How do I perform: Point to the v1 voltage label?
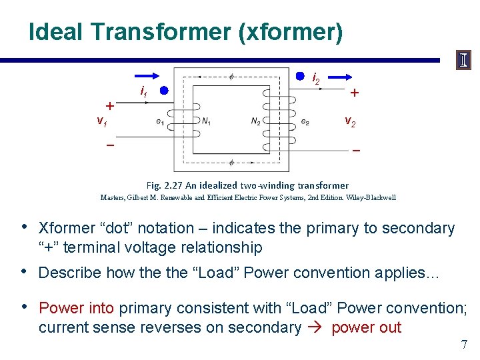point(102,121)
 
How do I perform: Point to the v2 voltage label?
point(350,121)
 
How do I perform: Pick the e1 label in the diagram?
point(160,121)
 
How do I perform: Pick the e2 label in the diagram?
point(305,121)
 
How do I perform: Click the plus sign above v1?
point(111,105)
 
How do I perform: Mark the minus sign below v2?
point(356,151)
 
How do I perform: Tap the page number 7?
point(464,345)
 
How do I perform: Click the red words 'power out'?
point(366,327)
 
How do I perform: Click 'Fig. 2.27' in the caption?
point(162,185)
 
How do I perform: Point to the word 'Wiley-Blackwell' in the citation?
point(370,197)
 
